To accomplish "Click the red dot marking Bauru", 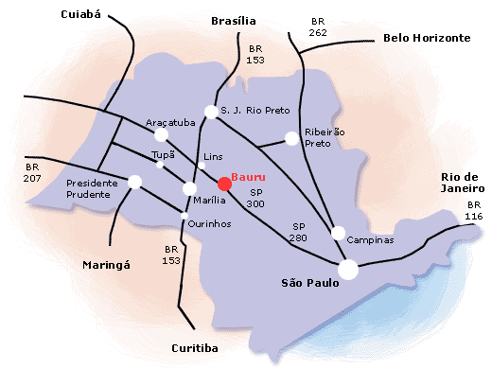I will (x=223, y=184).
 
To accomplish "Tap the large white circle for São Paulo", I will (x=348, y=270).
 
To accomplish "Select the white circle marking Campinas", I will (x=338, y=233).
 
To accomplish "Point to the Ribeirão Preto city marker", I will (x=291, y=139).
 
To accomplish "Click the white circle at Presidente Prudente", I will (x=134, y=182).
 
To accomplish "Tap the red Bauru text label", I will (x=249, y=177).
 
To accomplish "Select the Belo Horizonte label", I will (x=427, y=38).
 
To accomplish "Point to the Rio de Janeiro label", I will (x=462, y=182).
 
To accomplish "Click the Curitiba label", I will (x=195, y=348).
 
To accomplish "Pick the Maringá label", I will (x=105, y=265).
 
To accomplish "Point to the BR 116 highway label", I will (x=474, y=211).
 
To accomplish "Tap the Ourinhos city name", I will (x=210, y=222).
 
